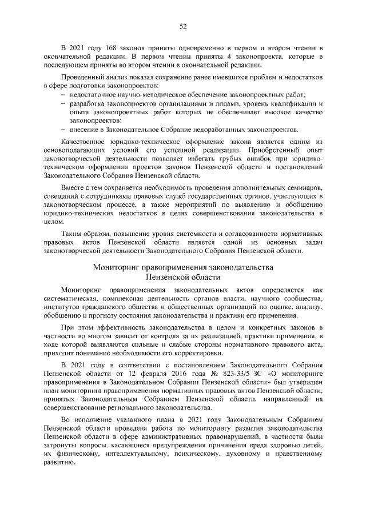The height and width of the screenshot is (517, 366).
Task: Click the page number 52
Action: click(x=183, y=26)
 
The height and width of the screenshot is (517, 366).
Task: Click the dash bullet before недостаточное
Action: click(x=62, y=94)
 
